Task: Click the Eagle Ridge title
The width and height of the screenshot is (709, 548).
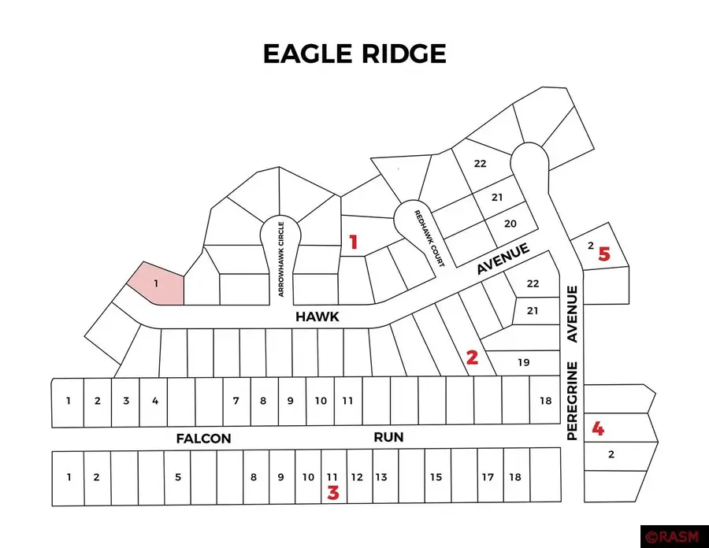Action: (354, 54)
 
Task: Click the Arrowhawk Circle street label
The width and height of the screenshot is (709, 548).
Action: (280, 258)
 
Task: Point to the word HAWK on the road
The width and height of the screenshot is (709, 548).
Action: (317, 317)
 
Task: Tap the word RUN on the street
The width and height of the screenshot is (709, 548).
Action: (388, 436)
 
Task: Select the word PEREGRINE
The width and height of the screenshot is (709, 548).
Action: (574, 401)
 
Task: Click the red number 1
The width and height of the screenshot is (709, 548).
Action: (354, 243)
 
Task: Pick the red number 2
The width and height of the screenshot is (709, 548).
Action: (472, 357)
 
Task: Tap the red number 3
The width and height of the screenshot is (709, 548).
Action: (333, 494)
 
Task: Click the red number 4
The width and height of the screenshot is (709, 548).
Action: (599, 429)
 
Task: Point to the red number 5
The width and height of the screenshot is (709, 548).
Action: (604, 254)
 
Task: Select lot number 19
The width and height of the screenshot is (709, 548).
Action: (524, 363)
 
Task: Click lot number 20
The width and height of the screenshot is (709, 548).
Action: (510, 224)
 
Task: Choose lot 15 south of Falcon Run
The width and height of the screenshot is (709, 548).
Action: (436, 477)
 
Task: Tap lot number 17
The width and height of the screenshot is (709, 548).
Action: (488, 477)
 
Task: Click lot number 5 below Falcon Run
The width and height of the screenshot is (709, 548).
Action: (179, 476)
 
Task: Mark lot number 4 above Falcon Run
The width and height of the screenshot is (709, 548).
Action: (155, 401)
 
